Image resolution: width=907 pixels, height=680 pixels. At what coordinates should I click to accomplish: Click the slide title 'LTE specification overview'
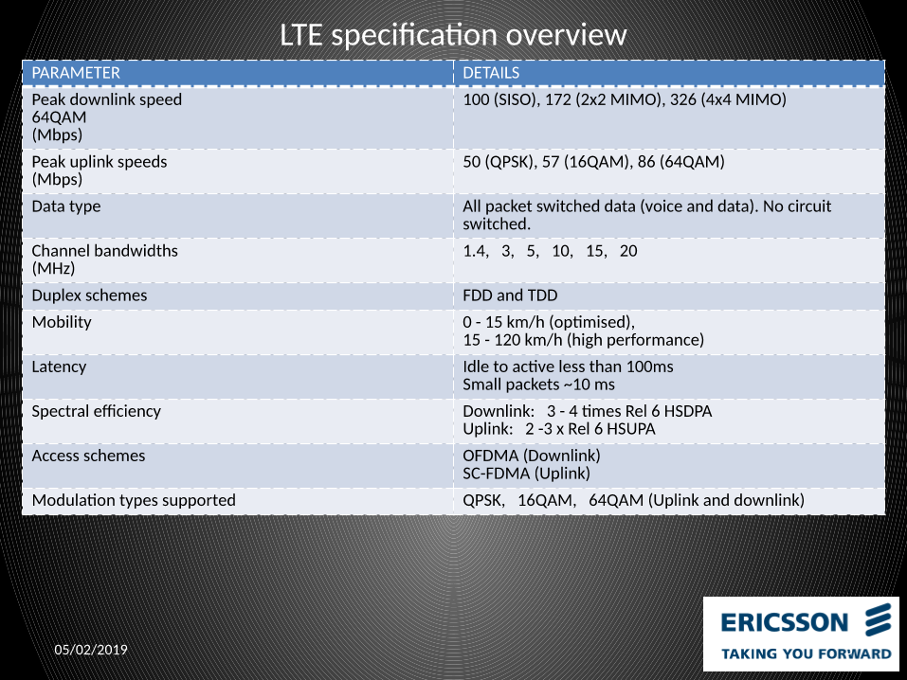pyautogui.click(x=453, y=35)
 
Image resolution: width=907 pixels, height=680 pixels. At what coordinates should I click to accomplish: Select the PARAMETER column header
pyautogui.click(x=76, y=73)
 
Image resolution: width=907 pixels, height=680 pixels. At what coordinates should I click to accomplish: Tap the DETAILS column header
pyautogui.click(x=491, y=73)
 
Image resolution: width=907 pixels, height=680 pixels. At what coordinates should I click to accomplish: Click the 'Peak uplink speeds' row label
pyautogui.click(x=99, y=162)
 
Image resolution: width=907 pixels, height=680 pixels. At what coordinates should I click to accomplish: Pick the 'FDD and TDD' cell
pyautogui.click(x=510, y=295)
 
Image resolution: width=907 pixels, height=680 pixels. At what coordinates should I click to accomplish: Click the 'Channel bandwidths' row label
pyautogui.click(x=104, y=251)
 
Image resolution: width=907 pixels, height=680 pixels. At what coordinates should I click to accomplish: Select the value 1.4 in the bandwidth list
pyautogui.click(x=474, y=251)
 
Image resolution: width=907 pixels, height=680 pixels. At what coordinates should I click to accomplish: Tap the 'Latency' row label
pyautogui.click(x=59, y=367)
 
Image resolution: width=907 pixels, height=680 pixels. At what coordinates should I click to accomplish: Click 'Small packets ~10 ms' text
pyautogui.click(x=538, y=385)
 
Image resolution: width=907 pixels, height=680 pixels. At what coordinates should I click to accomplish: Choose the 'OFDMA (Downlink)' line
pyautogui.click(x=531, y=456)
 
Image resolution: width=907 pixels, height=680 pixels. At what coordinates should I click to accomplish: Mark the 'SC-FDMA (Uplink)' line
pyautogui.click(x=526, y=474)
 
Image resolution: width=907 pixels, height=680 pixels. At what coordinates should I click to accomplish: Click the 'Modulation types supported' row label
pyautogui.click(x=134, y=500)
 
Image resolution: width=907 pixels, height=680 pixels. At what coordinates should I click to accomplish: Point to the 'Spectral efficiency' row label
pyautogui.click(x=96, y=411)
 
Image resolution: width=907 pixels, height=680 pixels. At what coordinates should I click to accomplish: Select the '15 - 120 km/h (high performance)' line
pyautogui.click(x=583, y=340)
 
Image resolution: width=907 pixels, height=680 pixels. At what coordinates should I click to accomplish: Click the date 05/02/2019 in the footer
pyautogui.click(x=90, y=650)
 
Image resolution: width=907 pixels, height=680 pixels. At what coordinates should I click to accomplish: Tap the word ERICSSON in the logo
pyautogui.click(x=785, y=622)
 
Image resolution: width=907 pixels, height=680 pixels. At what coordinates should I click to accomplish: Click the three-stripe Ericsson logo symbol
pyautogui.click(x=880, y=621)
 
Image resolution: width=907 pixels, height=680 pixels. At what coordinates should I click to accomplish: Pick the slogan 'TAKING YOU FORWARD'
pyautogui.click(x=806, y=653)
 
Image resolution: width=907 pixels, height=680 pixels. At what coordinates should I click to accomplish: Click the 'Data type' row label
pyautogui.click(x=65, y=206)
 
